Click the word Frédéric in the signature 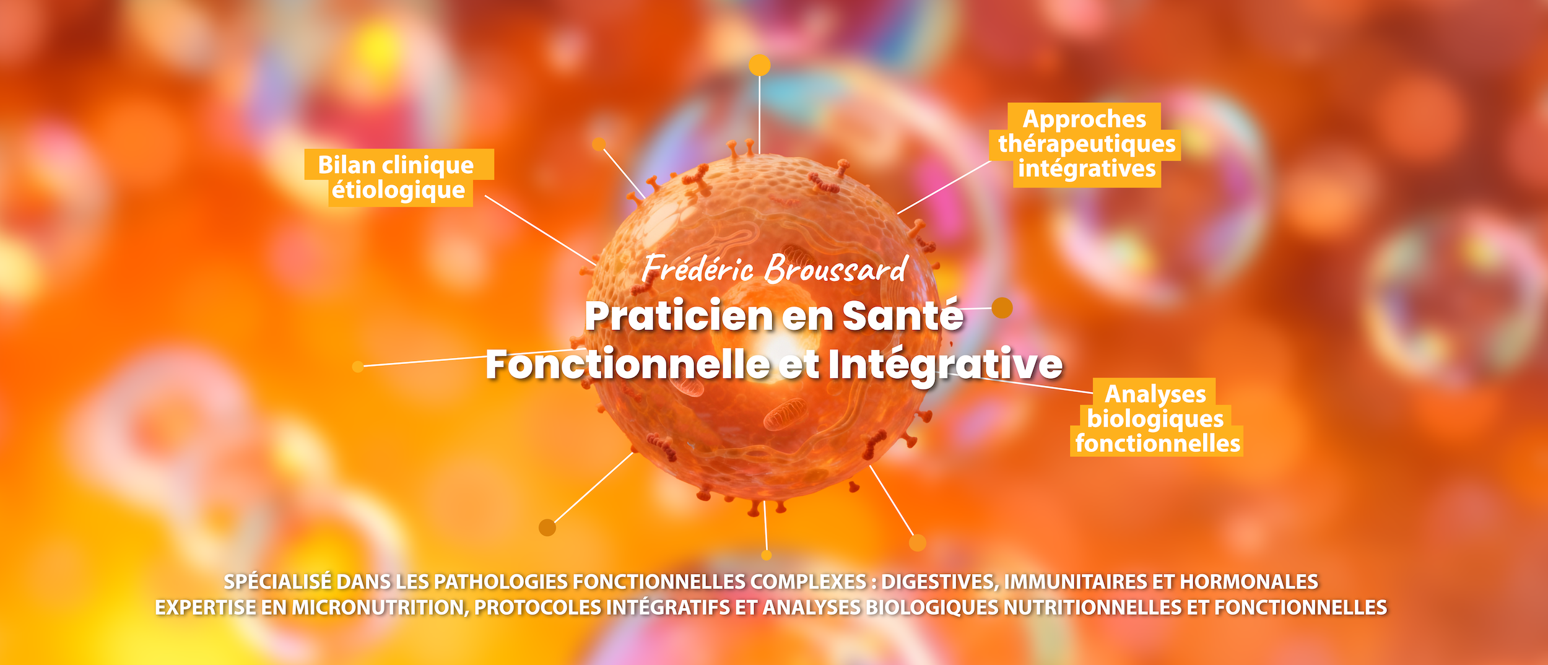tap(697, 269)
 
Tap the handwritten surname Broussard tap(836, 269)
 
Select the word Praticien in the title tap(678, 316)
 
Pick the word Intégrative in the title tap(946, 365)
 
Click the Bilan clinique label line tap(396, 165)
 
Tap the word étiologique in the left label tap(398, 191)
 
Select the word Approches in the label tap(1084, 119)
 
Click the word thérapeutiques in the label tap(1087, 144)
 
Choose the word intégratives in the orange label tap(1087, 168)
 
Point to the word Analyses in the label tap(1155, 394)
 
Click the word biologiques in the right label tap(1155, 419)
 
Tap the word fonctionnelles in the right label tap(1158, 443)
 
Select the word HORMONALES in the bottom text tap(1249, 582)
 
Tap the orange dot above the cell tap(760, 65)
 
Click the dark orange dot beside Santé tap(1002, 308)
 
